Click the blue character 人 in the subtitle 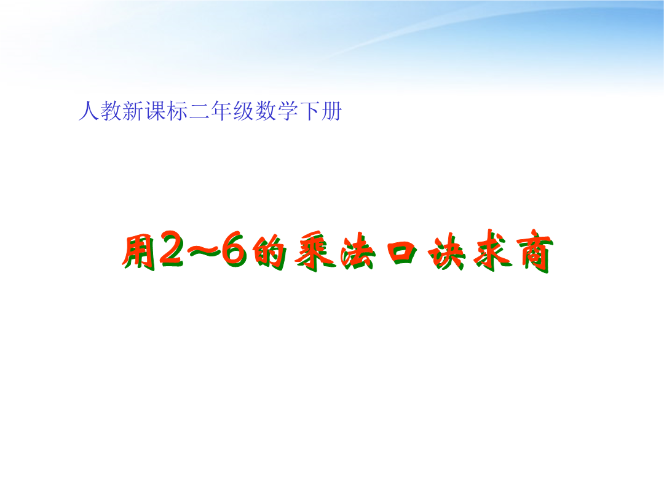click(89, 111)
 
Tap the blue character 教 click(111, 111)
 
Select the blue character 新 click(133, 111)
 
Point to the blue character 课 click(155, 111)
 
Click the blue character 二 click(199, 111)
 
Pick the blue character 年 click(221, 111)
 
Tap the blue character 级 click(243, 111)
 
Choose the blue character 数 click(265, 111)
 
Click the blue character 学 click(287, 111)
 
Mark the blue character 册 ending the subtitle click(331, 111)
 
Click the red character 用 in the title click(138, 253)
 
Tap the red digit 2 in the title click(171, 250)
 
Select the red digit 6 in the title click(235, 250)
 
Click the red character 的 click(269, 253)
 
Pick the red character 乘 click(316, 251)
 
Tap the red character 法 click(358, 253)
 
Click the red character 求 click(492, 251)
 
